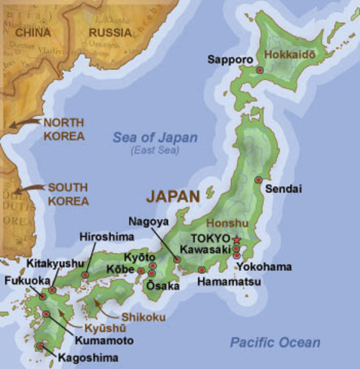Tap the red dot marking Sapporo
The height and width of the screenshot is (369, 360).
[x=260, y=70]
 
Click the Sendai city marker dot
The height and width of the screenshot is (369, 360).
[x=258, y=180]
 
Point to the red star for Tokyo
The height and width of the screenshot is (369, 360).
[x=236, y=241]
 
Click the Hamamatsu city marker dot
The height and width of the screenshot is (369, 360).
[x=202, y=270]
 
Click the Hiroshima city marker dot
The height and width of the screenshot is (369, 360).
[x=85, y=274]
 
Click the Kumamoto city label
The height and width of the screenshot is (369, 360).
[x=104, y=340]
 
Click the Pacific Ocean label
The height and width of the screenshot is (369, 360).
[x=275, y=343]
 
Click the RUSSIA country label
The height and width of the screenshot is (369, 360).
[x=110, y=32]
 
